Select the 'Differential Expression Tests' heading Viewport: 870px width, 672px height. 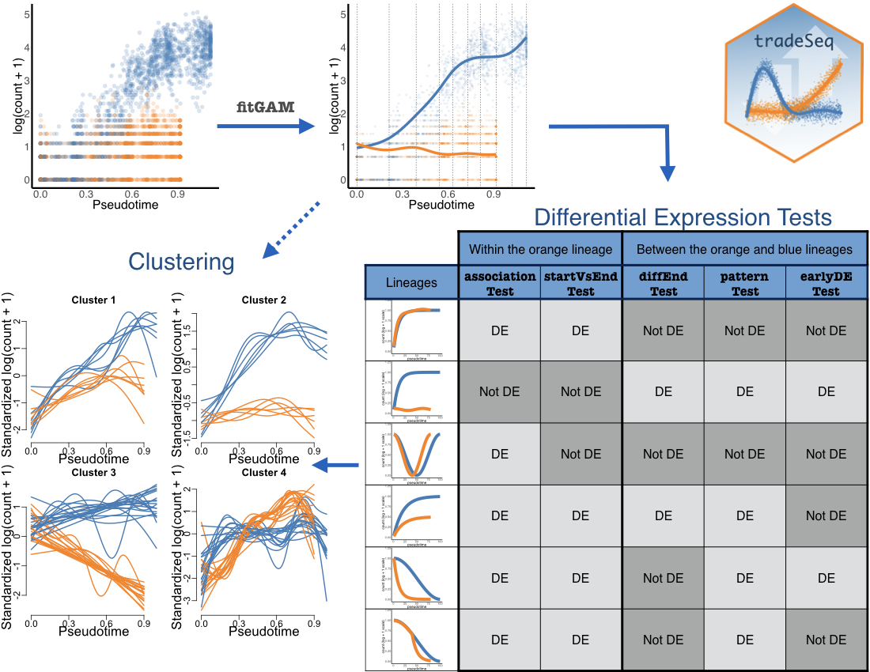[683, 217]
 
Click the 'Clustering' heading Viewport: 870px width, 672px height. [182, 261]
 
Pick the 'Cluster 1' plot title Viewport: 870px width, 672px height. [93, 300]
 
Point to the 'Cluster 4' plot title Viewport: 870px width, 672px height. [264, 473]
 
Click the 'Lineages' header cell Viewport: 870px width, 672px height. [411, 282]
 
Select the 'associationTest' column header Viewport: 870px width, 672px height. [500, 284]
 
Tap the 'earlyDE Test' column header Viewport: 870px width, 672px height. [826, 284]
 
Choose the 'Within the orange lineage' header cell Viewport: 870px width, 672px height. [541, 249]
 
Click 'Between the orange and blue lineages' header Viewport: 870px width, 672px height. [744, 249]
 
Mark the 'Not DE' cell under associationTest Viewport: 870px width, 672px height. [500, 392]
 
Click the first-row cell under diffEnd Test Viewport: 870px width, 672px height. [664, 330]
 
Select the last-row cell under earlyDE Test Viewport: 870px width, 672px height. [826, 640]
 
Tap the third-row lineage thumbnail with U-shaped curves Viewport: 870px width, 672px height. [411, 454]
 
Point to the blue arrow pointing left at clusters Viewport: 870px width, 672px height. [337, 465]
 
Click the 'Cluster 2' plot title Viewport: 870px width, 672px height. [264, 300]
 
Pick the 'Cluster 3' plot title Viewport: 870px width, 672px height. [93, 473]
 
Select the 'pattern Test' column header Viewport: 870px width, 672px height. [744, 284]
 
